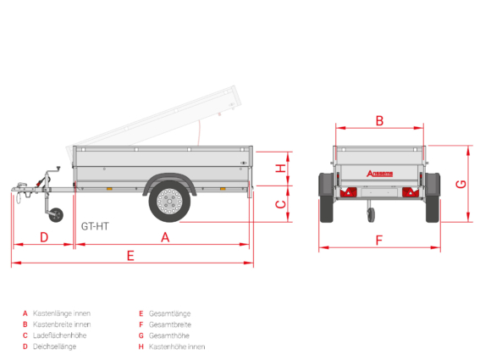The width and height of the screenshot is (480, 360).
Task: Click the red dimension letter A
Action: [165, 237]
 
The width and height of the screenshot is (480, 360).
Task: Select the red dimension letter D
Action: [44, 237]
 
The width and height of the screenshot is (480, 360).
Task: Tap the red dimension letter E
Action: [130, 256]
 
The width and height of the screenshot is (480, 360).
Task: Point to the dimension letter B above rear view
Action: [379, 121]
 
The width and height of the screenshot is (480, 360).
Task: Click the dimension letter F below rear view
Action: [379, 241]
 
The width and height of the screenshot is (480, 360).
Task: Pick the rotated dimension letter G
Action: [461, 184]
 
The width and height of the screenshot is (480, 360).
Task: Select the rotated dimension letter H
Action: [281, 169]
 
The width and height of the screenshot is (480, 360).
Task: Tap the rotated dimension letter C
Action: [281, 204]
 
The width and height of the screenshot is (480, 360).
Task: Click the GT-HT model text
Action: [95, 226]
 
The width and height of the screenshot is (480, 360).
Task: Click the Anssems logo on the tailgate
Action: [379, 174]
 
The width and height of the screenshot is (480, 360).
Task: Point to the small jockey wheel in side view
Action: [56, 215]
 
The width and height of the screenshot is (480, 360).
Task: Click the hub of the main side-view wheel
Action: [169, 202]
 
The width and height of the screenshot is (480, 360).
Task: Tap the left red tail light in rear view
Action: [349, 192]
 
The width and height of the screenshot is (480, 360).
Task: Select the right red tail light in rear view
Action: [411, 192]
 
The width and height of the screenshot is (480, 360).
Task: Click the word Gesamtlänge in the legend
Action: [169, 313]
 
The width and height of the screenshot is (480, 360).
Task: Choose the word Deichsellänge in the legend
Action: [54, 346]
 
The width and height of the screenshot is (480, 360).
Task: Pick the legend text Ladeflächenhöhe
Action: [60, 335]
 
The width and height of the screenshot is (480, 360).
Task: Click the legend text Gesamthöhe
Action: [169, 335]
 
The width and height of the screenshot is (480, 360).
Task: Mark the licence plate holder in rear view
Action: [379, 193]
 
